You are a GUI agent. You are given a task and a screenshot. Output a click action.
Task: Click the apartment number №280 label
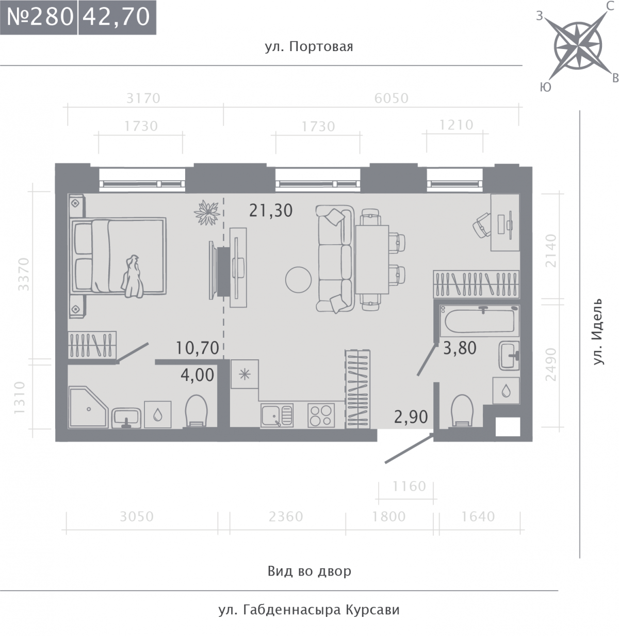pos(40,17)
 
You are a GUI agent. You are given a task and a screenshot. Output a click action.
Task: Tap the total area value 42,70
pos(116,17)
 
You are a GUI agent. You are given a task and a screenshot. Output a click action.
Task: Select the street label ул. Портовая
pos(308,47)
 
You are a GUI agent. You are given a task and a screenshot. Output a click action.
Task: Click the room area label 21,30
pos(271,211)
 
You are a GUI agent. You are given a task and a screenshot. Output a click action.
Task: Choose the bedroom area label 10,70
pos(197,348)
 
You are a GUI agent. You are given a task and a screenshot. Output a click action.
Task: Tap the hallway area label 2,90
pos(411,417)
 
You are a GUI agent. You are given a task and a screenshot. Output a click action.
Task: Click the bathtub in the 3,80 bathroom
pos(479,321)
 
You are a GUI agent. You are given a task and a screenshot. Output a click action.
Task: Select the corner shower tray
pos(88,407)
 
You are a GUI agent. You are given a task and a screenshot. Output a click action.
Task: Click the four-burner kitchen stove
pos(321,415)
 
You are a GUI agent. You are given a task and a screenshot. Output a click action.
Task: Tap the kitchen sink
pos(277,416)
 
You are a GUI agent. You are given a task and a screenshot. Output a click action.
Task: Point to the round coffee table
pos(298,280)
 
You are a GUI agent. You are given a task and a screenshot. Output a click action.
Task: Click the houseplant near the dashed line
pos(206,213)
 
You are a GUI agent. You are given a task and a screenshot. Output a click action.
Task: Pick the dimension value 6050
pos(392,99)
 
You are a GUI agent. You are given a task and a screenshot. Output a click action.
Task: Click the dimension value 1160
pos(409,486)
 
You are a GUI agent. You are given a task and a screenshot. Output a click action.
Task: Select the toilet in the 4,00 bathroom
pos(196,411)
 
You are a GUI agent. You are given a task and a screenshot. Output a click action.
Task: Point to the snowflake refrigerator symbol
pos(245,374)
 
